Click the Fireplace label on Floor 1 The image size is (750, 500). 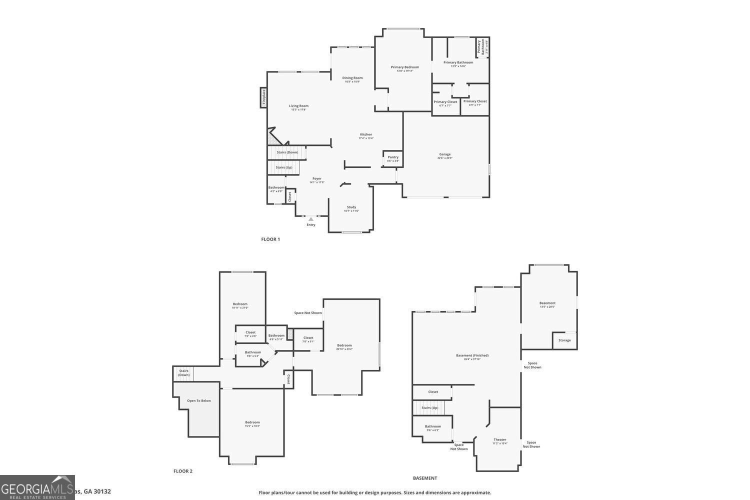(263, 97)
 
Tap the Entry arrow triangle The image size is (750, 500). (311, 219)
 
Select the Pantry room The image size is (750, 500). (393, 158)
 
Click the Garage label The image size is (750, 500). (445, 154)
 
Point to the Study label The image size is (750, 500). (351, 207)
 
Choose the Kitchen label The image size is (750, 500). (366, 134)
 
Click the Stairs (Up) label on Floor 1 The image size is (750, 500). (284, 167)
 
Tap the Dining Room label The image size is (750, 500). (352, 78)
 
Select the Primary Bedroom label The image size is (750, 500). (405, 67)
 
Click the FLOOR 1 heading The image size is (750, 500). (270, 239)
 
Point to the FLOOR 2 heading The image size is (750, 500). (183, 471)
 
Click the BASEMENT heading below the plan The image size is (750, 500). (425, 478)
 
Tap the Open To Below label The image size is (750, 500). (199, 400)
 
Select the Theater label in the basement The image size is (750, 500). (500, 439)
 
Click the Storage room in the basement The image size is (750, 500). (564, 340)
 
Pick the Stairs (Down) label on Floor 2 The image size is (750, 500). (184, 373)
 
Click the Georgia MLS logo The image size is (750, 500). (37, 487)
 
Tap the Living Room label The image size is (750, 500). (299, 106)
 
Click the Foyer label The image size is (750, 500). (317, 178)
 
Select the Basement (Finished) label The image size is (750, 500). (472, 355)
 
